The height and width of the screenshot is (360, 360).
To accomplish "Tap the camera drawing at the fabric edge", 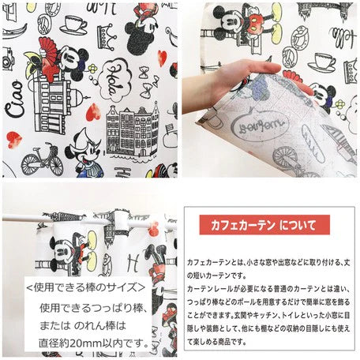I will coord(6,59).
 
